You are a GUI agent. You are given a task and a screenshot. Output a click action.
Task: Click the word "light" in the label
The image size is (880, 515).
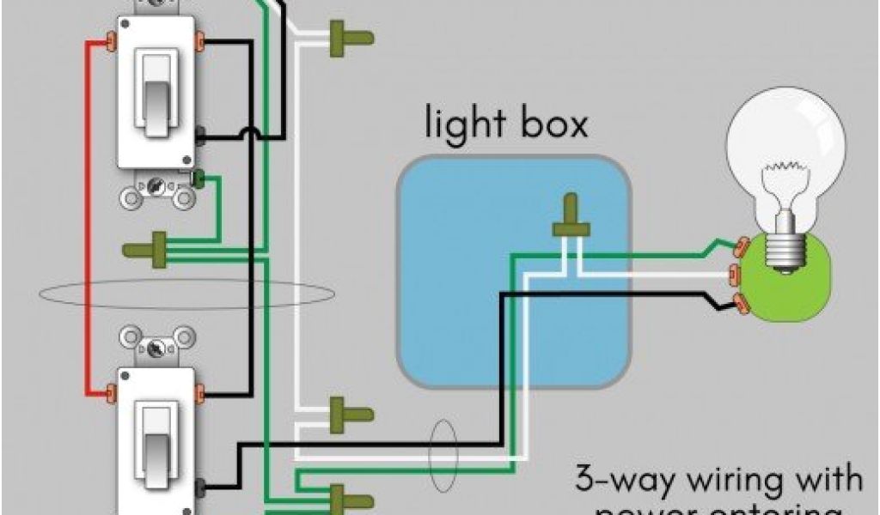pyautogui.click(x=463, y=124)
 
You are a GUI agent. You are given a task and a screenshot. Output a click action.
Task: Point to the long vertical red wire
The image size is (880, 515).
pyautogui.click(x=86, y=215)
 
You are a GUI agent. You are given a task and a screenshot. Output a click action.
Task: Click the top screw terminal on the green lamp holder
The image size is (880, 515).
pyautogui.click(x=736, y=247)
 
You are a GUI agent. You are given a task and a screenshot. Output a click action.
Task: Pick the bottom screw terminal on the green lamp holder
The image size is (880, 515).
pyautogui.click(x=736, y=300)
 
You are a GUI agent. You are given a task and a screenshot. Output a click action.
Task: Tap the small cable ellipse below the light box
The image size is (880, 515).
pyautogui.click(x=444, y=441)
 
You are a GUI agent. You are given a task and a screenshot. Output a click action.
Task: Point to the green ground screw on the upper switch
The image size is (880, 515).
pyautogui.click(x=199, y=179)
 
